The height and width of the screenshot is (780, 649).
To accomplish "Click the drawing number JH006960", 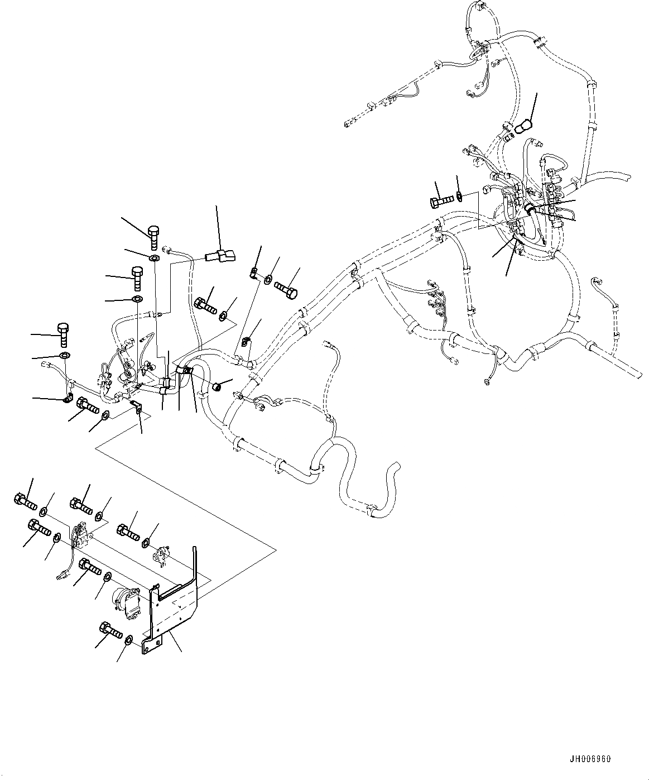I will pos(591,759).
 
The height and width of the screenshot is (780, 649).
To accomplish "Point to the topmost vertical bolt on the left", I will pos(153,235).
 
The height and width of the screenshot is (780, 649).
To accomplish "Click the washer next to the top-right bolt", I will pos(459,196).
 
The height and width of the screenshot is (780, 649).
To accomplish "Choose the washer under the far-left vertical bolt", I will pos(65,356).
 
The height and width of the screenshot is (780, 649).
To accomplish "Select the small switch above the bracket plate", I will pos(161,554).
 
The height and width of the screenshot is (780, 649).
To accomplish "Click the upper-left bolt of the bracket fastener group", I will pos(25,500).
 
